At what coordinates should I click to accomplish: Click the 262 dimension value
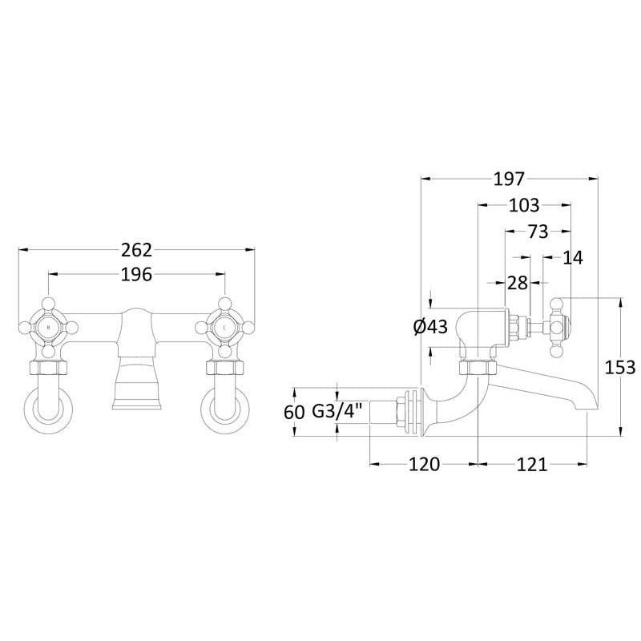pyautogui.click(x=136, y=250)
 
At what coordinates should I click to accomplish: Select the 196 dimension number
pyautogui.click(x=136, y=275)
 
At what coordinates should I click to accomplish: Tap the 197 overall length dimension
pyautogui.click(x=509, y=179)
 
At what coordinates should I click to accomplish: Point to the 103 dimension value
pyautogui.click(x=524, y=205)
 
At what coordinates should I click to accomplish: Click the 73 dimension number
pyautogui.click(x=538, y=232)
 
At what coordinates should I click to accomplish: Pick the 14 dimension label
pyautogui.click(x=573, y=257)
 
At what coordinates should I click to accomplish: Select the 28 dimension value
pyautogui.click(x=518, y=283)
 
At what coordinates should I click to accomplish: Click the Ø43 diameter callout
pyautogui.click(x=430, y=327)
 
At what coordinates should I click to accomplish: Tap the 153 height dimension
pyautogui.click(x=619, y=368)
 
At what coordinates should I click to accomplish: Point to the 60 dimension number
pyautogui.click(x=294, y=412)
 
